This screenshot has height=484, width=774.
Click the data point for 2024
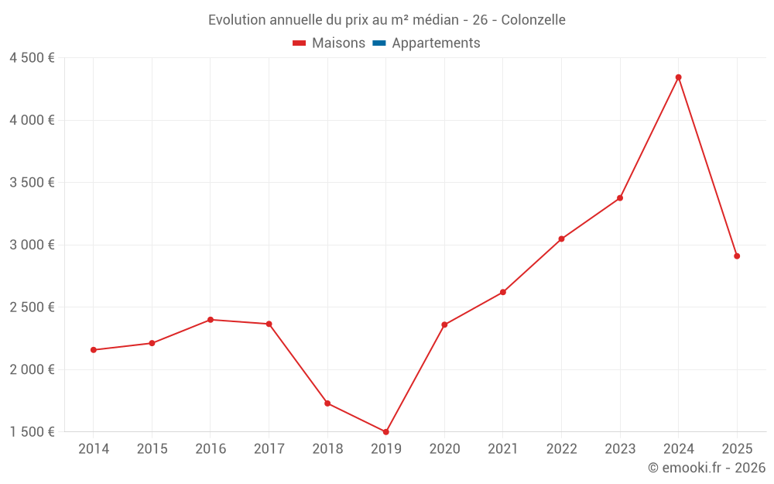click(678, 77)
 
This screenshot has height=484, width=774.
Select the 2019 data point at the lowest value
click(385, 431)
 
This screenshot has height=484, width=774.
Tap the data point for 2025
click(737, 256)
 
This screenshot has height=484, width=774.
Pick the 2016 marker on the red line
click(211, 320)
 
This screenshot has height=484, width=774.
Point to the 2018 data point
click(327, 403)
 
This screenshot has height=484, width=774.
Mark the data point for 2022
click(561, 239)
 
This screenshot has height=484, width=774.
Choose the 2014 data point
click(94, 350)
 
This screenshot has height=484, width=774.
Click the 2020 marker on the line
click(444, 324)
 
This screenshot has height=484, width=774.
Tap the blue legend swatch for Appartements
click(379, 43)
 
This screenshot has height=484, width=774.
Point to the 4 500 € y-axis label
click(32, 58)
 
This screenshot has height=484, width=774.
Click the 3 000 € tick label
click(32, 245)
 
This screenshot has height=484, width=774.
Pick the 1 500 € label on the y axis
click(32, 431)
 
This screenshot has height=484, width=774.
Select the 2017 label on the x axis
click(269, 449)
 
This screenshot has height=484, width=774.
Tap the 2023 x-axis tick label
click(620, 449)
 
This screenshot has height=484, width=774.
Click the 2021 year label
click(503, 449)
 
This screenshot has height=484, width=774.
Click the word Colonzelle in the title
click(533, 20)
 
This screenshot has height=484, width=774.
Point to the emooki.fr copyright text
click(707, 468)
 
